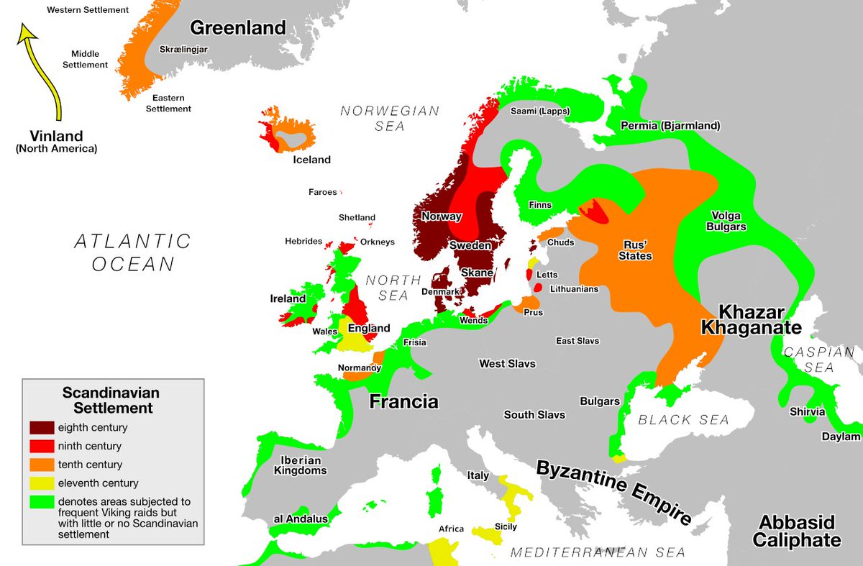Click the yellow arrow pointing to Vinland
(43, 72)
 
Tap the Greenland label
(237, 28)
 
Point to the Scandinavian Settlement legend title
(111, 401)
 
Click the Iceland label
(311, 160)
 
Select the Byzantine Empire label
(614, 493)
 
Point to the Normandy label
(359, 368)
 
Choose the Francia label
(403, 401)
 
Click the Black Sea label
(684, 419)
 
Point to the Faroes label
(322, 192)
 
